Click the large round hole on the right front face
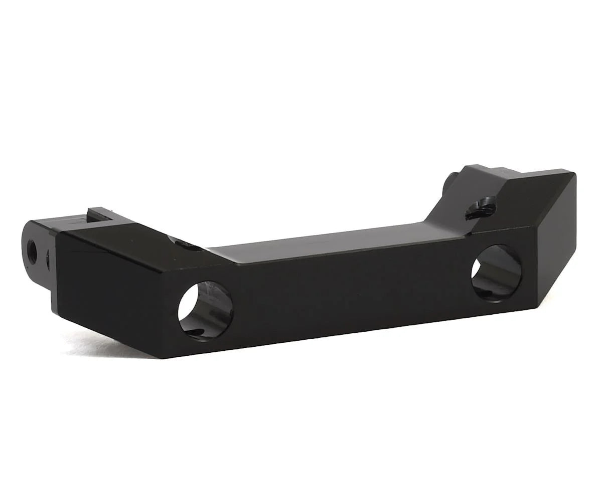pos(496,273)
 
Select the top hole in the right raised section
pos(480,208)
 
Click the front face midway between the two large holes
pos(351,296)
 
